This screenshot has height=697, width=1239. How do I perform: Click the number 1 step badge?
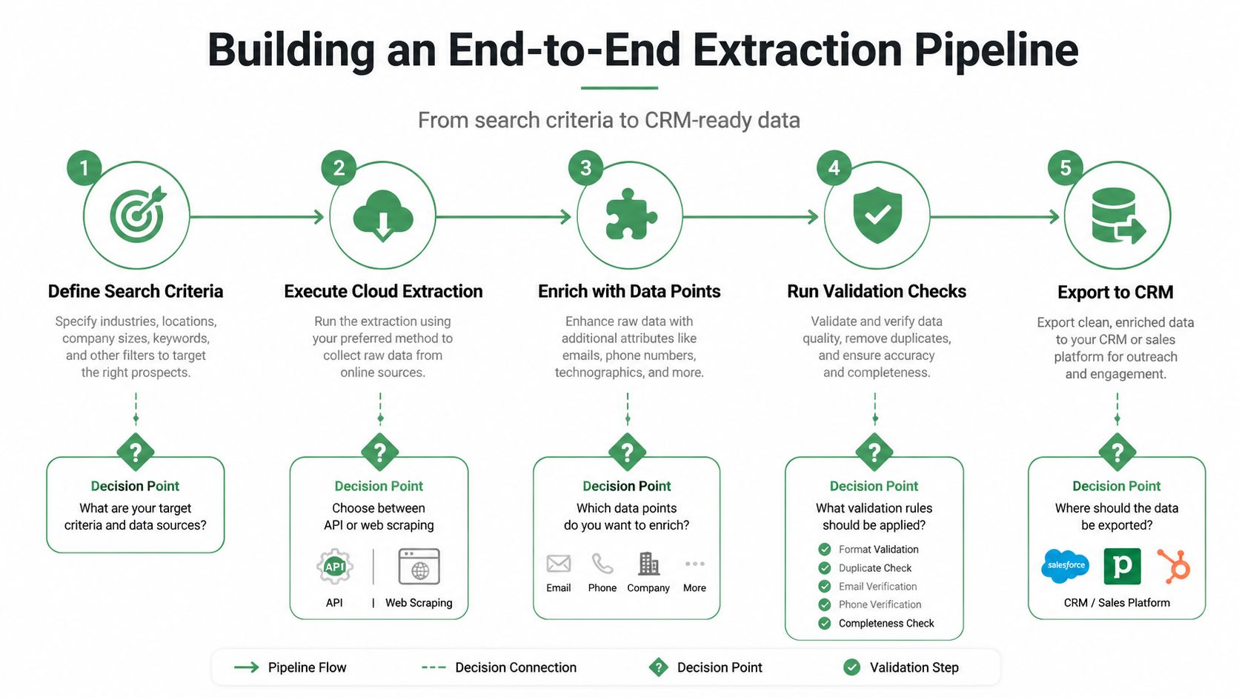[84, 168]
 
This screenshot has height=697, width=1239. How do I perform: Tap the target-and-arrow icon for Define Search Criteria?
[138, 214]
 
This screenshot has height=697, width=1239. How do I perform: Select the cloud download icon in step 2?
[383, 216]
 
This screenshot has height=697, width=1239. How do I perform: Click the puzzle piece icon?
[631, 215]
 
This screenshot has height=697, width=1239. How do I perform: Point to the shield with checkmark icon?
[877, 215]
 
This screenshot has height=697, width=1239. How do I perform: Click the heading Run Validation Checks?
[877, 291]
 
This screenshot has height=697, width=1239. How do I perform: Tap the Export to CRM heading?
[1115, 292]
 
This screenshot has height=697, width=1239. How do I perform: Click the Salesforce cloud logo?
[1066, 566]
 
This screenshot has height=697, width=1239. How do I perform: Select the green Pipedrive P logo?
[1123, 566]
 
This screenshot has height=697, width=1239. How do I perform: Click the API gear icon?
[335, 567]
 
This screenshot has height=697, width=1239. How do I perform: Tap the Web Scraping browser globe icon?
[419, 567]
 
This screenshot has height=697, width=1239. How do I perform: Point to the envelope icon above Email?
[559, 564]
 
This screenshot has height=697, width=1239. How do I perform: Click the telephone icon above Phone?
[602, 564]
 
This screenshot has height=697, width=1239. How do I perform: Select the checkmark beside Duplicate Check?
[824, 567]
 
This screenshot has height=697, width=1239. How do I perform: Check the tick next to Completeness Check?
[824, 624]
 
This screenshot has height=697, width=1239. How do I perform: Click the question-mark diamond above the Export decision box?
[1117, 452]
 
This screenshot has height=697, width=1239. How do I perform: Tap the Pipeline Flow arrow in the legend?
[247, 667]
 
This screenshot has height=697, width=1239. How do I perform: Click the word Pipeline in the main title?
[996, 50]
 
